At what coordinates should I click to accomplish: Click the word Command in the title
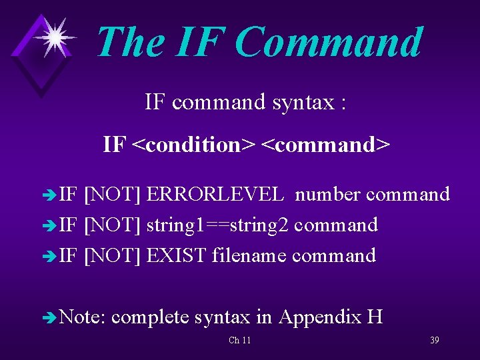point(329,43)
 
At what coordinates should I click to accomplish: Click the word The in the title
point(130,43)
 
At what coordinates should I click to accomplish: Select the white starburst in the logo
point(53,37)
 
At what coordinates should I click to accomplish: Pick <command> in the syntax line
point(325,144)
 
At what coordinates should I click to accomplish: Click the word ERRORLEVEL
point(215,195)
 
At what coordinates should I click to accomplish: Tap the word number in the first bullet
point(328,195)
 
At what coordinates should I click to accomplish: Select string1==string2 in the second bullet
point(217,225)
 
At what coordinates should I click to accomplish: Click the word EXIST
point(176,255)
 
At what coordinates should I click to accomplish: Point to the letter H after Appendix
point(374,317)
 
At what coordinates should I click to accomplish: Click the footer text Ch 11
point(239,341)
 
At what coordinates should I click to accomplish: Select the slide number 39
point(434,341)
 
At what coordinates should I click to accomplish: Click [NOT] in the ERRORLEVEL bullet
point(112,195)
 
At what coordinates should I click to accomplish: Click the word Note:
point(83,317)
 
